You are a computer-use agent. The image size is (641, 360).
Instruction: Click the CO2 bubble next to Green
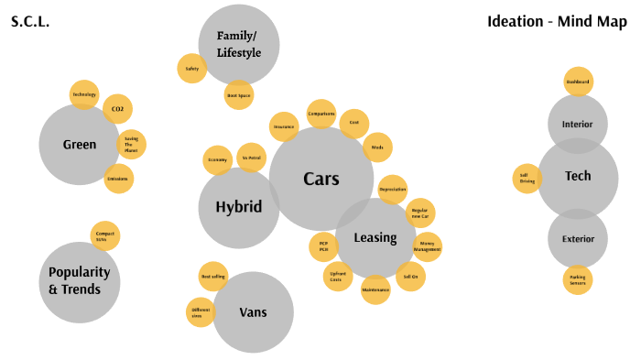point(117,109)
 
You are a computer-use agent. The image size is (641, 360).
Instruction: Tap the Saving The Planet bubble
point(131,144)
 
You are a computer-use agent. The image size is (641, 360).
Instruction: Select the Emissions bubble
point(117,179)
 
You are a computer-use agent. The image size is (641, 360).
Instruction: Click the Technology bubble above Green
point(84,94)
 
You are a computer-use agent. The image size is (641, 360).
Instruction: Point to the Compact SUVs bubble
point(105,236)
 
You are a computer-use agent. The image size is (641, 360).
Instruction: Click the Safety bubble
point(191,69)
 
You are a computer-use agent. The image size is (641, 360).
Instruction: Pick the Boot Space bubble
point(238,95)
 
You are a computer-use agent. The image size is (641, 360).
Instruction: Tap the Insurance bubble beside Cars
point(284,127)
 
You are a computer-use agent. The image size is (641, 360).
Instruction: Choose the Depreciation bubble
point(392,190)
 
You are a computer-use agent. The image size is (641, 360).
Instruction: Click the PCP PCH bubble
point(323,246)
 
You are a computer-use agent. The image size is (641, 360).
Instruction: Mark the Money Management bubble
point(427,247)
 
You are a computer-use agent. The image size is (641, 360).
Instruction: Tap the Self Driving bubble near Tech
point(527,178)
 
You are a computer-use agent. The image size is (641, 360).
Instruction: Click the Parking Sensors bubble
point(578,279)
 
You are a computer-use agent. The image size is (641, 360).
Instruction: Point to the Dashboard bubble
point(578,82)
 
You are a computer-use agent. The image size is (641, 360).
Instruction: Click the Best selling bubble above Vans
point(213,277)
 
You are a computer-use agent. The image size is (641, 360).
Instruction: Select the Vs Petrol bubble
point(252,158)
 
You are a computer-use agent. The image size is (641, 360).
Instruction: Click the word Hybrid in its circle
point(239,207)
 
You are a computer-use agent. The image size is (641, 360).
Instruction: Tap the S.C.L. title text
point(30,21)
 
